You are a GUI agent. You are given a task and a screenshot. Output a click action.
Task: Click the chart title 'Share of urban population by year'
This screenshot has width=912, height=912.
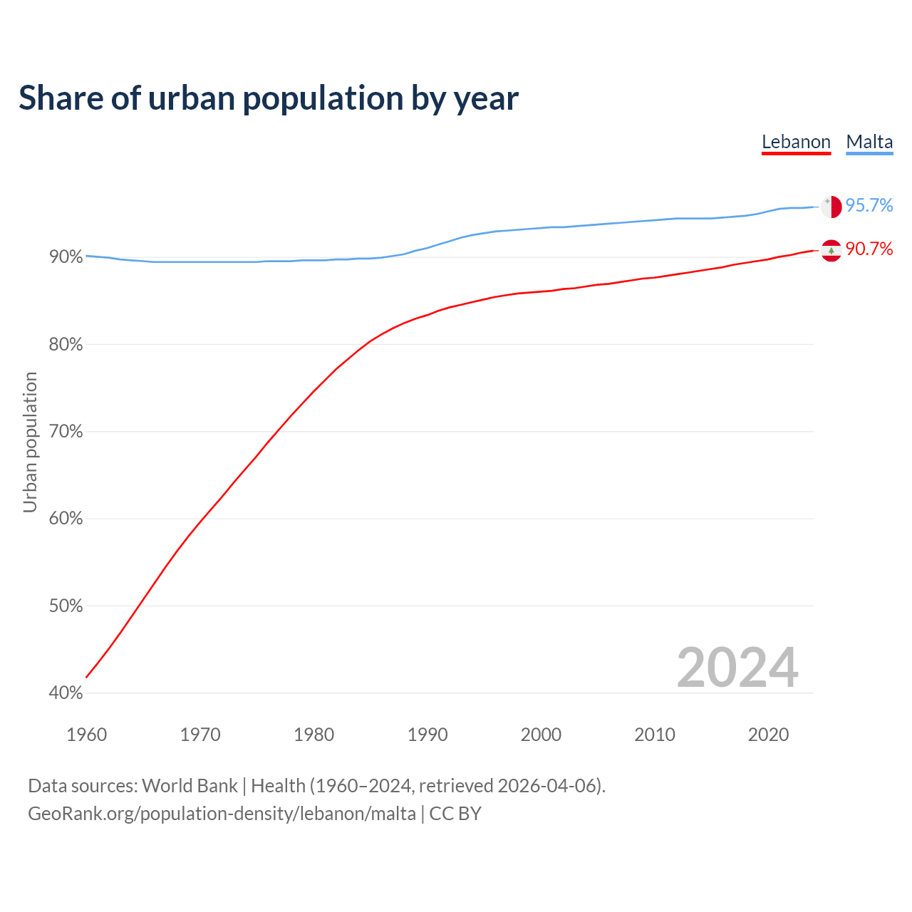(x=269, y=98)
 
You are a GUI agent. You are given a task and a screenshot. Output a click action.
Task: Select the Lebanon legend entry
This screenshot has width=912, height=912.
(x=796, y=142)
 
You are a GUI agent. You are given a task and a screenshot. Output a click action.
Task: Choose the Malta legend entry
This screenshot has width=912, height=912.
(x=869, y=142)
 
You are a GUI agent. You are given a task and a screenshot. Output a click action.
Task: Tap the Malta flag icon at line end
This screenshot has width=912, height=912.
(x=831, y=207)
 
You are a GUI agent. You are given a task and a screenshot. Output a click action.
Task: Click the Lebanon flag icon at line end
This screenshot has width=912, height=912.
(x=831, y=250)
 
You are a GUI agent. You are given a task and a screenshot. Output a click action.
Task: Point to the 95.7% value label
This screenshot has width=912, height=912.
(x=869, y=205)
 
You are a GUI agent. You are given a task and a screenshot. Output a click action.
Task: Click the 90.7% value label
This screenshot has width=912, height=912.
(x=869, y=249)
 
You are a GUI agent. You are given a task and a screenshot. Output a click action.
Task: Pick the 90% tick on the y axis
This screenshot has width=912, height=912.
(x=66, y=257)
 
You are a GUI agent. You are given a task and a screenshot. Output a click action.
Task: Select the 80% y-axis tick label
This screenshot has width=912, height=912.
(x=66, y=345)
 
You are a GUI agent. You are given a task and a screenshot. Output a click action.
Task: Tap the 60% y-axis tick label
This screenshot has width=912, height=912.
(x=66, y=519)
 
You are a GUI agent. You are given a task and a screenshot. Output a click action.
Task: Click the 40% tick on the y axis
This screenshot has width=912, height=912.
(x=66, y=693)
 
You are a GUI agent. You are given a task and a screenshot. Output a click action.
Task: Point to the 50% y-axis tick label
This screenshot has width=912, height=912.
(x=66, y=606)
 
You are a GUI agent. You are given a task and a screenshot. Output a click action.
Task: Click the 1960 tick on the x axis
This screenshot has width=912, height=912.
(x=86, y=735)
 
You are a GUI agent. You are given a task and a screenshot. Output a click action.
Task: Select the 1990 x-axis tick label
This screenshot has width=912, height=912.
(x=427, y=735)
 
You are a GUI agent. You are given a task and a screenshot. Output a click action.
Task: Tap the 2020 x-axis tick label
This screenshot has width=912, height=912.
(x=768, y=735)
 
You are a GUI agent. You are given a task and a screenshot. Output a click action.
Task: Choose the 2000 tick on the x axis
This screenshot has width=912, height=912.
(x=541, y=735)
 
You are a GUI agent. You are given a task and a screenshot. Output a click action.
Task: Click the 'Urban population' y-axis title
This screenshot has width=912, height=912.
(x=30, y=442)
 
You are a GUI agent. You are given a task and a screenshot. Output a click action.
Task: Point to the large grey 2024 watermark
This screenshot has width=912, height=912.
(x=737, y=668)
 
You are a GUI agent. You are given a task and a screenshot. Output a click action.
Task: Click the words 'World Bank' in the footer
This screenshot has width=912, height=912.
(x=190, y=786)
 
